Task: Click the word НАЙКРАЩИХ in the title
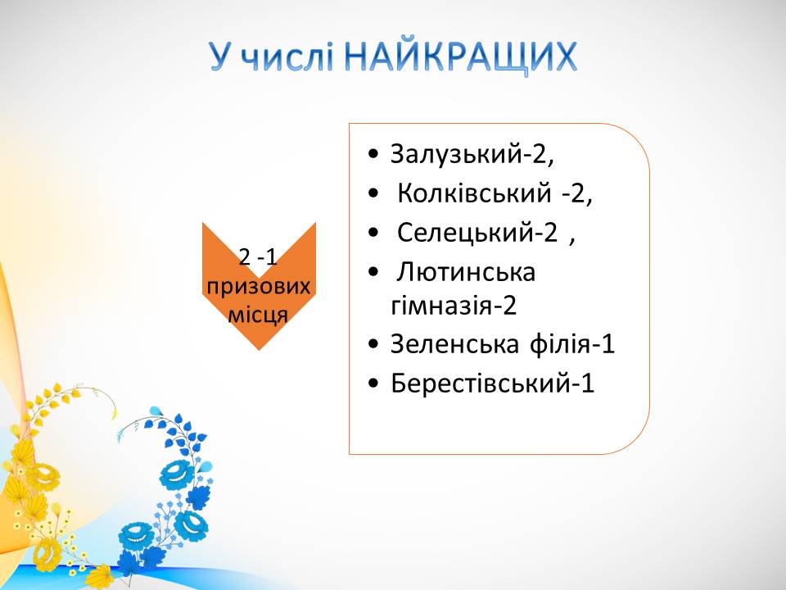point(461,57)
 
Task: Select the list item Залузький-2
point(472,154)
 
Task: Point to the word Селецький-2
point(477,233)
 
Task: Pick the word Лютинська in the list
point(466,272)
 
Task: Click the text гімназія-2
point(453,305)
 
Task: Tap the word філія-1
point(572,344)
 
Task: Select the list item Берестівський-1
point(492,383)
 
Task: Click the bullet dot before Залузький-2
point(373,155)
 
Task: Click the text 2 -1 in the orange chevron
point(258,258)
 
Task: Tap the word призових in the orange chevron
point(258,287)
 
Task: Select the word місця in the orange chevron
point(258,315)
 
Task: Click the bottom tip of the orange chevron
point(259,350)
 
